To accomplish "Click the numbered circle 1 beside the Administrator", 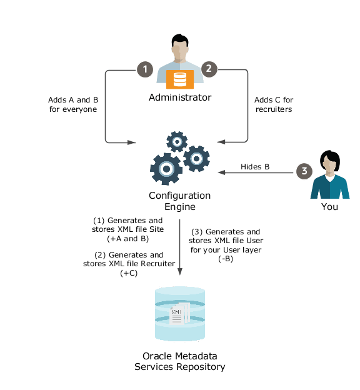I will pos(145,69).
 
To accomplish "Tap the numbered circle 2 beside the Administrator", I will pos(209,69).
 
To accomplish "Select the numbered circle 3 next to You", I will pos(304,171).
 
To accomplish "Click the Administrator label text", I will pos(180,97).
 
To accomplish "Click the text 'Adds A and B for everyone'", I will pos(73,104).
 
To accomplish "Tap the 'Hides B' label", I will pos(255,167).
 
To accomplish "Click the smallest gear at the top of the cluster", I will pos(177,141).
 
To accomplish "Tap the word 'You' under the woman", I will pos(329,206).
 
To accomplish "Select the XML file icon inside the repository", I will pos(176,316).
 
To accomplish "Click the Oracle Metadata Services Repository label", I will pos(180,361).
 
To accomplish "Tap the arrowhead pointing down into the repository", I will pos(180,272).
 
